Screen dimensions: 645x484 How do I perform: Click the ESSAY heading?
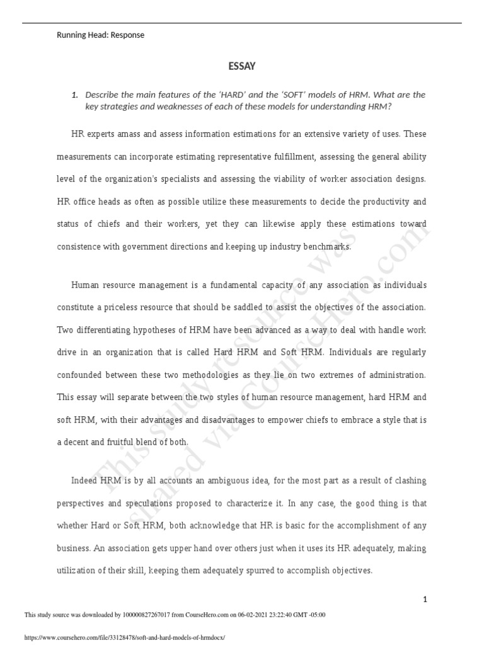coord(242,66)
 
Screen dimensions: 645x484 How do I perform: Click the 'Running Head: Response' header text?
coord(101,35)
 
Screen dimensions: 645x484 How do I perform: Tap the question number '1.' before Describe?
coord(74,94)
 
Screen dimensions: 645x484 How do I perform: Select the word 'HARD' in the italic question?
coord(233,94)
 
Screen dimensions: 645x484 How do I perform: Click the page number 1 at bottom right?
coord(425,600)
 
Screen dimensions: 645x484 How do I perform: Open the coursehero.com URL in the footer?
coord(124,637)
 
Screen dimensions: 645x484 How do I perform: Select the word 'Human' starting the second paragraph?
coord(85,285)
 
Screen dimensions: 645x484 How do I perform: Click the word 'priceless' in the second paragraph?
coord(120,308)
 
